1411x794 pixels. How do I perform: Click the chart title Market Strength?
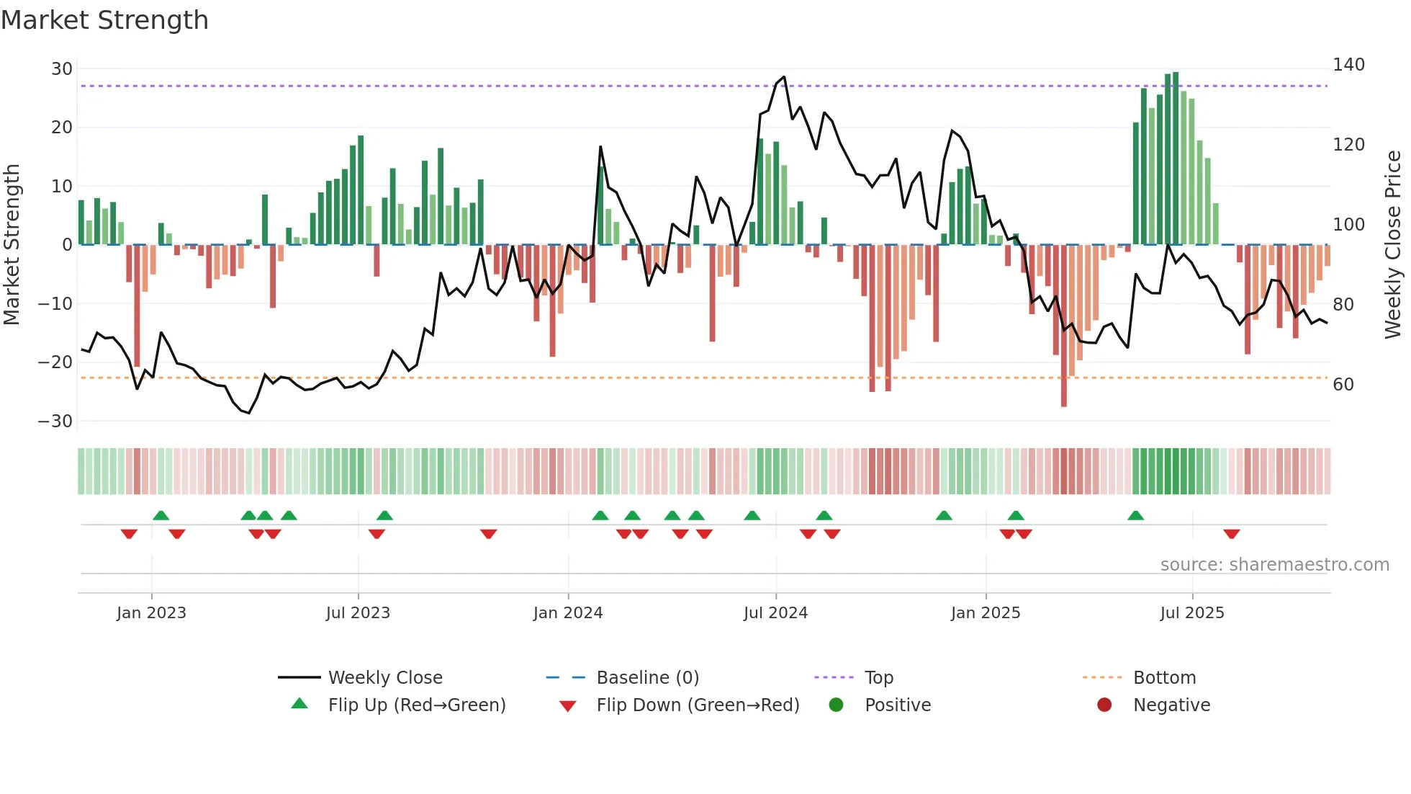coord(104,20)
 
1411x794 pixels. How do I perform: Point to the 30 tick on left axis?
coord(62,69)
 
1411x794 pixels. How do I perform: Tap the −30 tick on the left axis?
coord(56,421)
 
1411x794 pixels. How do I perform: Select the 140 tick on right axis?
coord(1348,65)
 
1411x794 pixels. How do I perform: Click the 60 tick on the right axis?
coord(1343,385)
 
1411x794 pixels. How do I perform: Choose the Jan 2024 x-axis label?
coord(568,613)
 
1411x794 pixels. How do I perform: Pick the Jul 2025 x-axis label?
coord(1192,613)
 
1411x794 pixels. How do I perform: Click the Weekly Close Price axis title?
coord(1393,245)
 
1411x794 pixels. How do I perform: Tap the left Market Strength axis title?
coord(12,245)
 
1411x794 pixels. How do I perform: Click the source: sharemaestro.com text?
coord(1274,565)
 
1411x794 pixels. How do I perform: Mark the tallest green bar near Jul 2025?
coord(1176,159)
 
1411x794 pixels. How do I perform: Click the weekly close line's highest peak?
coord(784,77)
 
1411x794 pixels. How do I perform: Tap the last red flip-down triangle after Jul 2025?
coord(1231,534)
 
